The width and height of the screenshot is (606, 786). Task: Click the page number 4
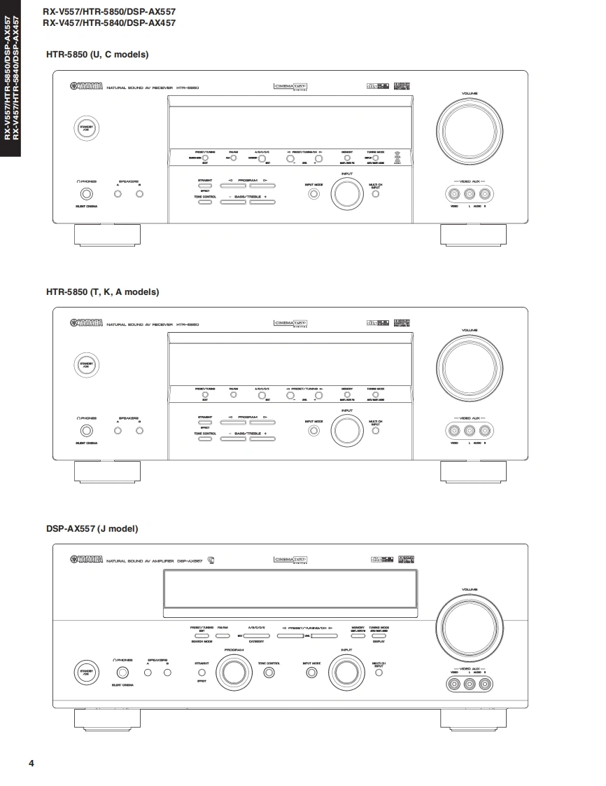tap(31, 763)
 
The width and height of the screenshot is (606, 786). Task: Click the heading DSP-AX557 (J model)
tap(92, 528)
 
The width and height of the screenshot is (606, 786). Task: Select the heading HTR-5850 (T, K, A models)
tap(102, 291)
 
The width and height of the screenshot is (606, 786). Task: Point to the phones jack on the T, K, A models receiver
tap(86, 430)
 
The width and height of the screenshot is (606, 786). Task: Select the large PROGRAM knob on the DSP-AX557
tap(233, 672)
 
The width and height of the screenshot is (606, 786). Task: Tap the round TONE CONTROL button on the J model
tap(269, 673)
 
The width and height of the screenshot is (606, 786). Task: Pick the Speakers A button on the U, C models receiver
tap(118, 193)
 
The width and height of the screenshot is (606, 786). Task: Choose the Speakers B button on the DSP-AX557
tap(167, 673)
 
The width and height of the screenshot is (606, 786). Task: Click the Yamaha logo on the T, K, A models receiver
tap(87, 324)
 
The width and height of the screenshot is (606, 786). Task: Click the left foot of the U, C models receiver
tap(107, 235)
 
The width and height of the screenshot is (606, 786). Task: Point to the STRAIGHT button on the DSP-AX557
tap(202, 673)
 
